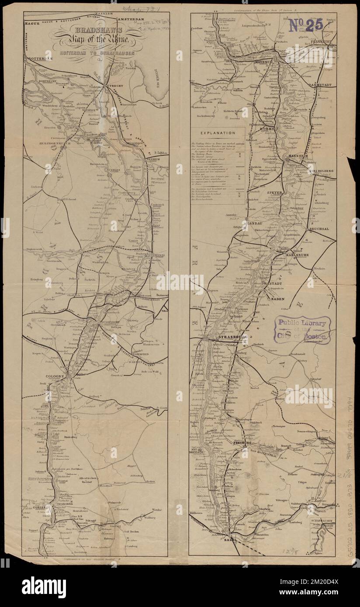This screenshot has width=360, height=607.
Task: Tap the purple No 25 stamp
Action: pyautogui.click(x=305, y=25)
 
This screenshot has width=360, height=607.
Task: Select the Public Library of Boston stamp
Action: pyautogui.click(x=302, y=330)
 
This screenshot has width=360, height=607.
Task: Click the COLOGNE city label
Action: pyautogui.click(x=54, y=376)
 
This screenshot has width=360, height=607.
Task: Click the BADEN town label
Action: pyautogui.click(x=278, y=299)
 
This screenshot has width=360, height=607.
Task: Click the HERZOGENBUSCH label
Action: pyautogui.click(x=43, y=142)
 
